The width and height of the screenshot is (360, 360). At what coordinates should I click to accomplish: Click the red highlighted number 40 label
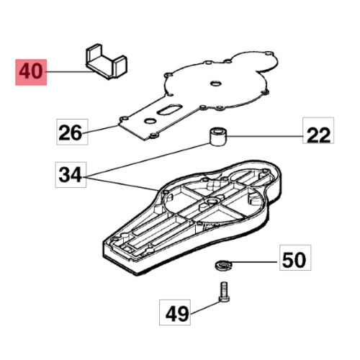tap(31, 72)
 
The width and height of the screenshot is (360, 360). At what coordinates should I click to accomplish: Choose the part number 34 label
tap(71, 175)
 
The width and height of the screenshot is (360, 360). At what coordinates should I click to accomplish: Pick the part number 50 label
tap(295, 258)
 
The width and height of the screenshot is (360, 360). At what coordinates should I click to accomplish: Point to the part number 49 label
tap(175, 312)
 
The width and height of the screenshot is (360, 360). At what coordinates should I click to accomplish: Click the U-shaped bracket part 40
tap(106, 61)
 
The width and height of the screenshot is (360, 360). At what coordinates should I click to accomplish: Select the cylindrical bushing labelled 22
tap(218, 137)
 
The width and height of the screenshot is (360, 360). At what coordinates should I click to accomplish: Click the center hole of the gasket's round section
tap(215, 84)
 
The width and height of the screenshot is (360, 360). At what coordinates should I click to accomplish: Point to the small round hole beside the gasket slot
tap(150, 121)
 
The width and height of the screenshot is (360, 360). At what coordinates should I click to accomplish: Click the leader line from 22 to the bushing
tap(265, 136)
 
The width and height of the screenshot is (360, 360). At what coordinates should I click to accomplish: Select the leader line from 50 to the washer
tap(254, 262)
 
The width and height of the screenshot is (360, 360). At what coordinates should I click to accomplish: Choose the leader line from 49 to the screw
tap(205, 307)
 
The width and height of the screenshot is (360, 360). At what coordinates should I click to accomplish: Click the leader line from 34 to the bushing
tap(148, 160)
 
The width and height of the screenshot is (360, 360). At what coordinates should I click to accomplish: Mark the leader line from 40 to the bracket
tap(71, 71)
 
